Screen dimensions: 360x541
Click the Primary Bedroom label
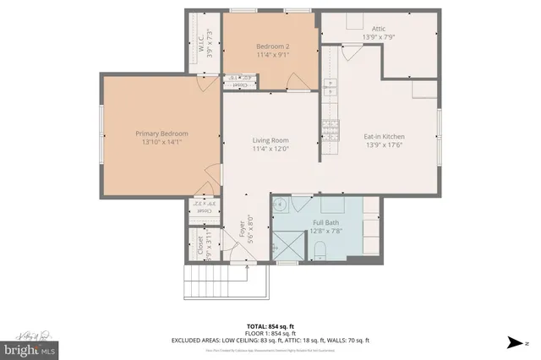click(162, 134)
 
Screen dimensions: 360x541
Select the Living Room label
click(270, 140)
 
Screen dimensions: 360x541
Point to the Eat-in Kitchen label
click(384, 136)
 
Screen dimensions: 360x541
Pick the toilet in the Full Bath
click(320, 249)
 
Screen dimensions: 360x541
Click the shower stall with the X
click(286, 247)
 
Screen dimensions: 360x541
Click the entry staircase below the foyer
click(205, 281)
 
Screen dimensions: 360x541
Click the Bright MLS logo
click(30, 348)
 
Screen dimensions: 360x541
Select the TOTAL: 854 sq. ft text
click(270, 325)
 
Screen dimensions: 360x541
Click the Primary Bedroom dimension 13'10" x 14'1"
click(162, 142)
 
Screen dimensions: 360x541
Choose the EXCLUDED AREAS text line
click(270, 340)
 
